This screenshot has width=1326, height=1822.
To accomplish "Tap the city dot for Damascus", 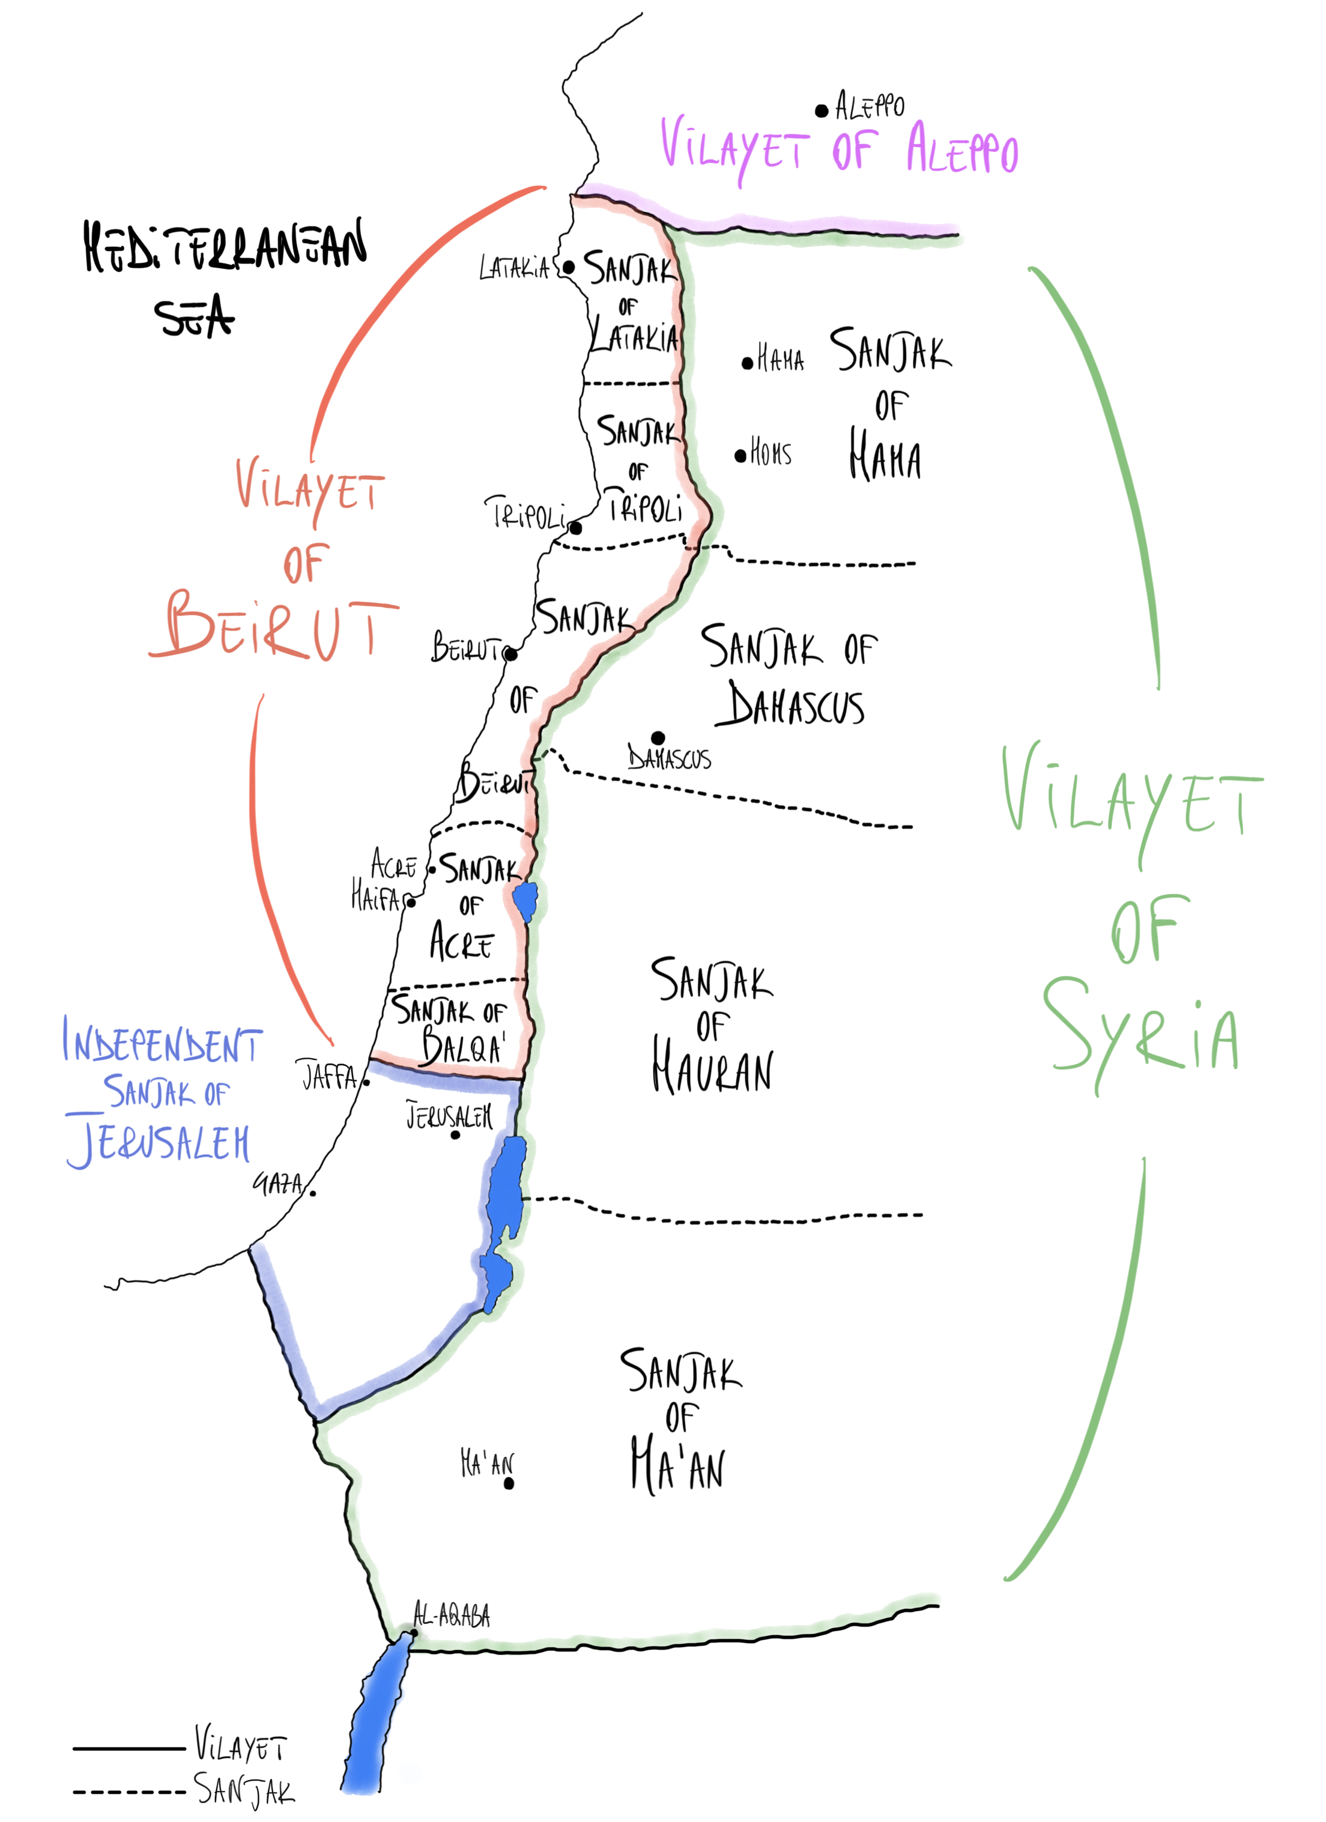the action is [658, 737].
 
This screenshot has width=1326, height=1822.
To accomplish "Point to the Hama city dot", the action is [747, 364].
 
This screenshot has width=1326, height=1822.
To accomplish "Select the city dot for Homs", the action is [740, 456].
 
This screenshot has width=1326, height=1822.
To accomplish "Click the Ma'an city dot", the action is [509, 1484].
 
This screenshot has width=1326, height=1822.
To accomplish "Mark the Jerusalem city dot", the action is [455, 1135].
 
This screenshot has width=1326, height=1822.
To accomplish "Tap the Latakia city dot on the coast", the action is [569, 267].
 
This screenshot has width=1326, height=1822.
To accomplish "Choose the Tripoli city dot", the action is [576, 528].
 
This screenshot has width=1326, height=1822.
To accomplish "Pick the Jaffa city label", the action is [328, 1076].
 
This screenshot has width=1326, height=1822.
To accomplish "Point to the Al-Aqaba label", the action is [452, 1615].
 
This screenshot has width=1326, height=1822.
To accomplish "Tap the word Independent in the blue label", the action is [163, 1042].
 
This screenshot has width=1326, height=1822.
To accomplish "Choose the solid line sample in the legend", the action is [129, 1748].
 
